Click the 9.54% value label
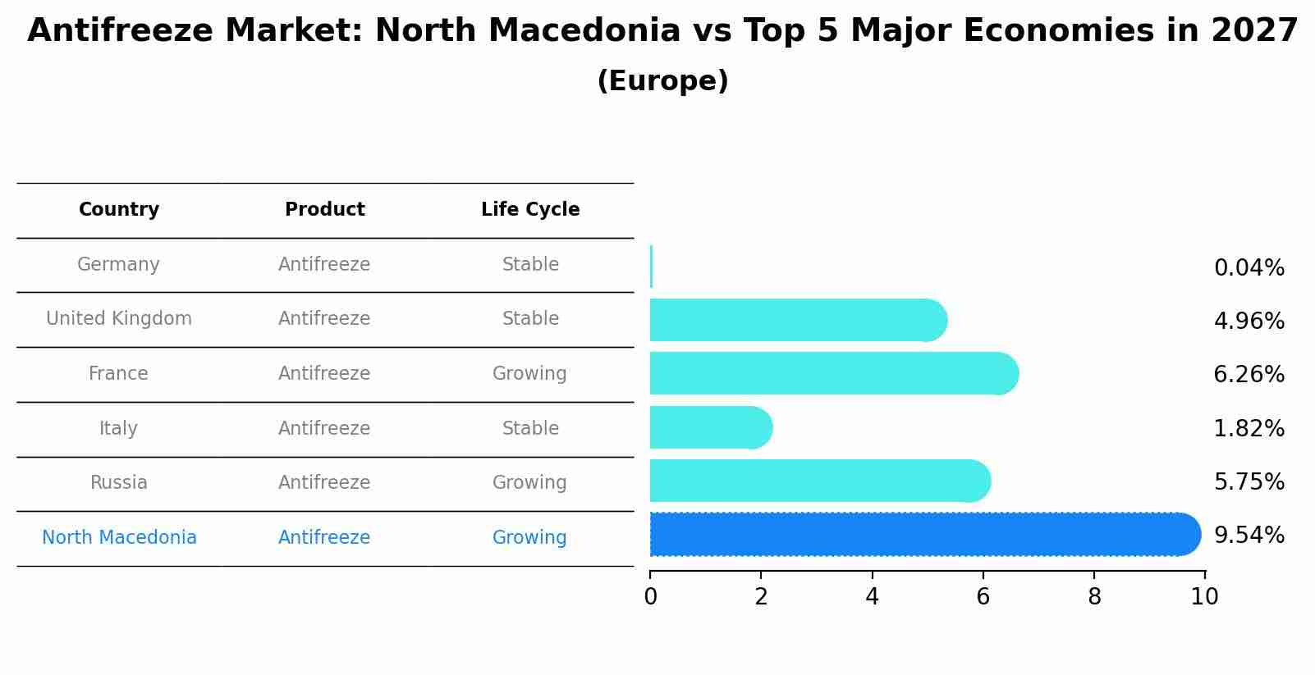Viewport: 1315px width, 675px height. (1249, 536)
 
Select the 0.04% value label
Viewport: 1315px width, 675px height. (1249, 268)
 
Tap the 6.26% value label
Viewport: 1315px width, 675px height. (1249, 375)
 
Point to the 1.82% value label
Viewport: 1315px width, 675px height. (1249, 429)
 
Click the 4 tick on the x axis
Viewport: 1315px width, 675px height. (872, 597)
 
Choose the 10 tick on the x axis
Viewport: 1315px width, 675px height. (1204, 597)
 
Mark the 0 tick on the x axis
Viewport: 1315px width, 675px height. (650, 597)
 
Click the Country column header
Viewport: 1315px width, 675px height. (119, 210)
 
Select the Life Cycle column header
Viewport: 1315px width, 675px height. (530, 210)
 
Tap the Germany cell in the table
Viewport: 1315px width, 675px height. (118, 265)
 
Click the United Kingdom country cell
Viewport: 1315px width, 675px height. (119, 319)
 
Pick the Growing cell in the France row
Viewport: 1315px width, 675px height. (529, 374)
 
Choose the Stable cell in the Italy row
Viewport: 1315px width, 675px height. (530, 429)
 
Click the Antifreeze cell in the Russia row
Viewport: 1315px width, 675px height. (324, 483)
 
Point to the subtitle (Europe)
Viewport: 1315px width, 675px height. (662, 81)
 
